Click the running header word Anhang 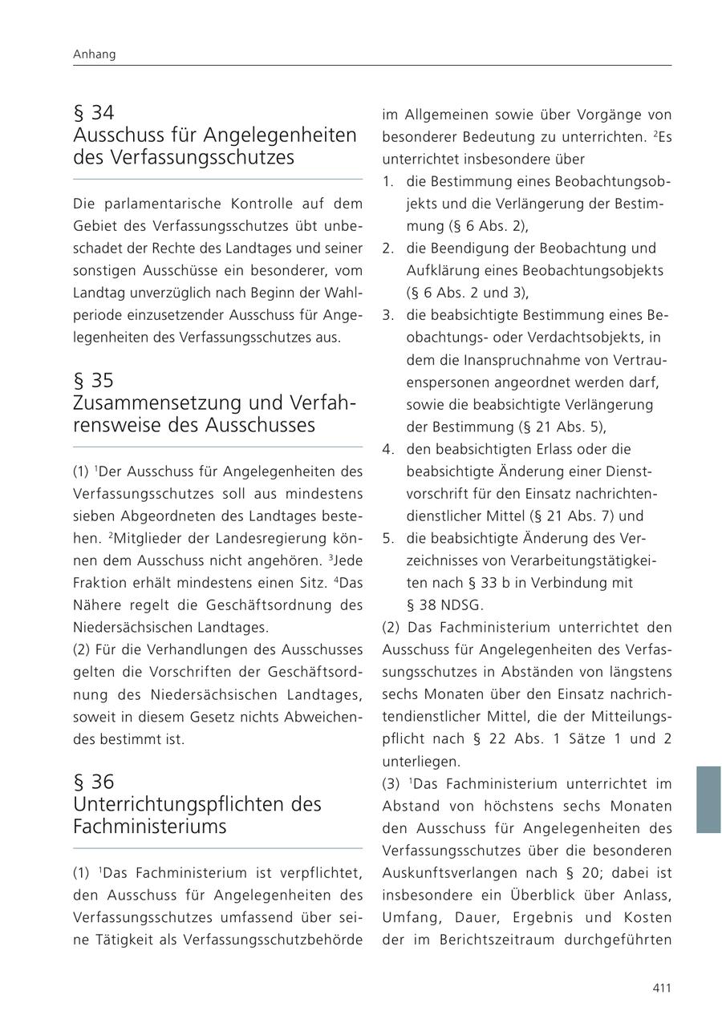point(94,55)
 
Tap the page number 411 point(661,988)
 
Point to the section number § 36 point(93,782)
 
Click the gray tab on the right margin point(708,799)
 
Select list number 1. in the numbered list point(388,182)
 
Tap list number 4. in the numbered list point(388,450)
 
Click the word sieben point(92,516)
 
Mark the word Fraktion point(99,582)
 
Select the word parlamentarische point(158,204)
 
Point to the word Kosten point(647,917)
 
